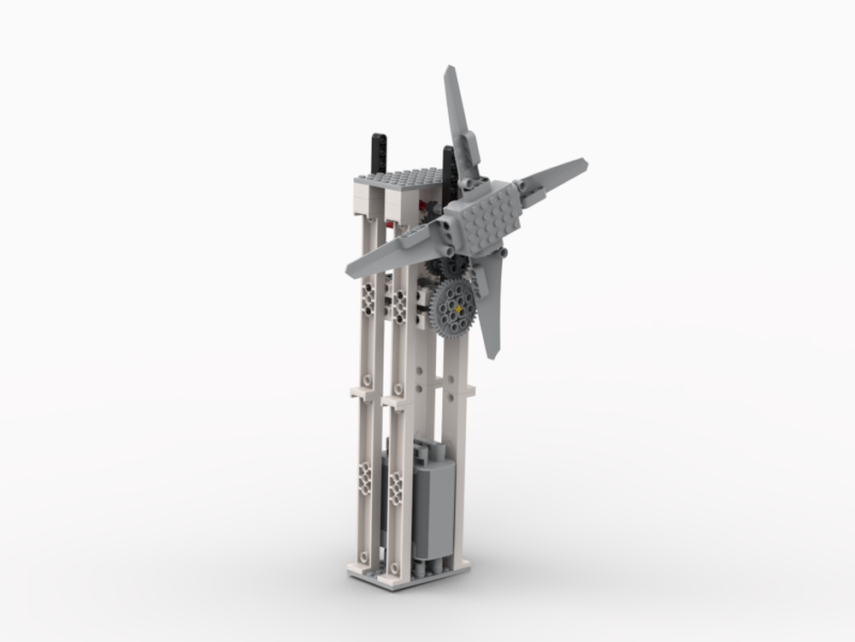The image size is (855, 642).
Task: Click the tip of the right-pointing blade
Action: coord(583,163)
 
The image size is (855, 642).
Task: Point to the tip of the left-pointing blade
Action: coord(351,272)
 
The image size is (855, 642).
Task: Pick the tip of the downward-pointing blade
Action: coord(494,353)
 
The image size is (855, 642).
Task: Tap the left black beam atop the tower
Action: coord(377,153)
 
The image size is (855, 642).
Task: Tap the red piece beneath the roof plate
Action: coord(391,224)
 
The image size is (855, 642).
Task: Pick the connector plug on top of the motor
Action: coord(427,449)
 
